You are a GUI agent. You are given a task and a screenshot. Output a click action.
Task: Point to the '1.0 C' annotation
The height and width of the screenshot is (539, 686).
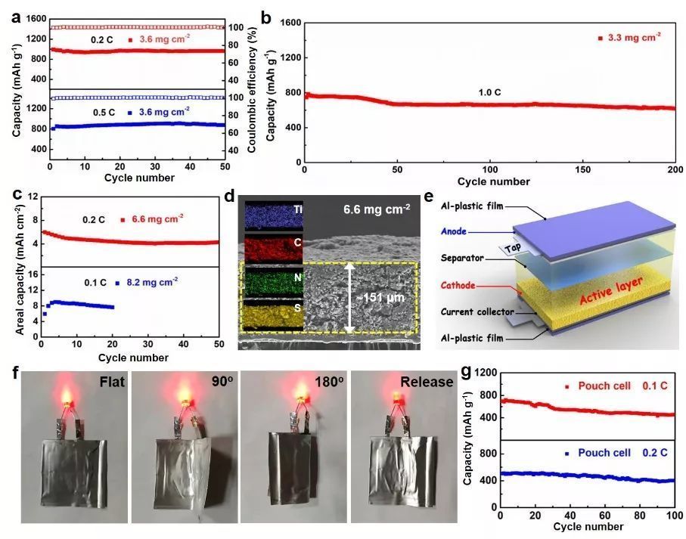click(x=489, y=92)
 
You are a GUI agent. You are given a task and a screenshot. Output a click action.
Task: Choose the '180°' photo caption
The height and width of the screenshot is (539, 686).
click(x=328, y=381)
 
